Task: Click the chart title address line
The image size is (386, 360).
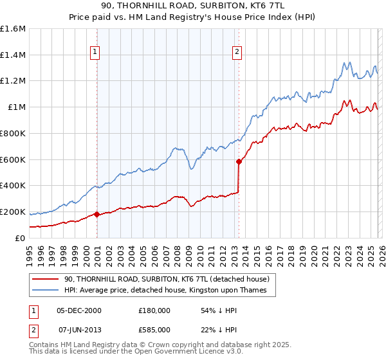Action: pos(193,6)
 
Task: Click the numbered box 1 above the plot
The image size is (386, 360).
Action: pos(95,52)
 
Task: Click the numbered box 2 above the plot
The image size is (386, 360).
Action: pos(237,52)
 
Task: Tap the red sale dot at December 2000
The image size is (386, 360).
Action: pos(96,214)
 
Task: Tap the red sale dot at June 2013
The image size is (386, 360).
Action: pos(239,161)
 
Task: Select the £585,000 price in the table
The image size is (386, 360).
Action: pos(154,330)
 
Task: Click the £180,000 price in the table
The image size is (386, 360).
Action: pos(154,310)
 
